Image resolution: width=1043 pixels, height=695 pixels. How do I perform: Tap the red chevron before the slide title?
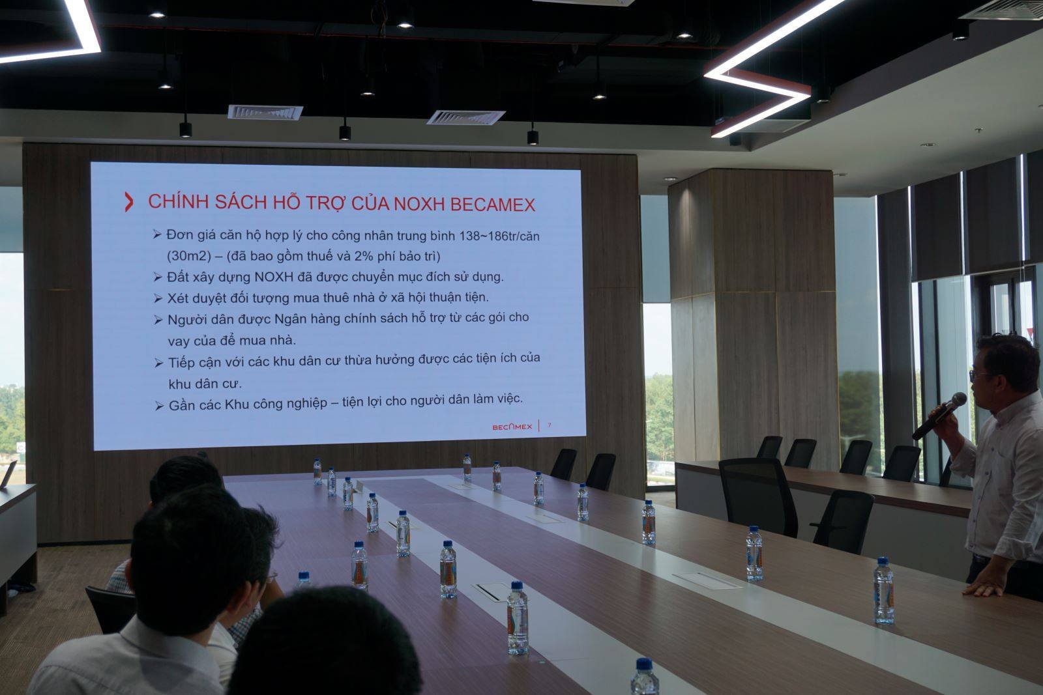[129, 202]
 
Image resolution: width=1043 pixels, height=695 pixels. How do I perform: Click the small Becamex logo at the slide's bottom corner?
[512, 427]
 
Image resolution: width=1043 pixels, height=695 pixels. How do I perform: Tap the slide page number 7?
[550, 425]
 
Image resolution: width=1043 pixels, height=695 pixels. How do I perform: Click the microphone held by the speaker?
[939, 416]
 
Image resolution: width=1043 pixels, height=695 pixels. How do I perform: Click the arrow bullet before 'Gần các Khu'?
[159, 406]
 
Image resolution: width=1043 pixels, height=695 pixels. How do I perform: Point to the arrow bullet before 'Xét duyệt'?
[158, 299]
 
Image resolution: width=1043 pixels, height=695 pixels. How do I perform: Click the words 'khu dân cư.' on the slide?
[205, 384]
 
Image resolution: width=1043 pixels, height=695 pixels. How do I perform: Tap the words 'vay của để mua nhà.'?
[232, 341]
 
